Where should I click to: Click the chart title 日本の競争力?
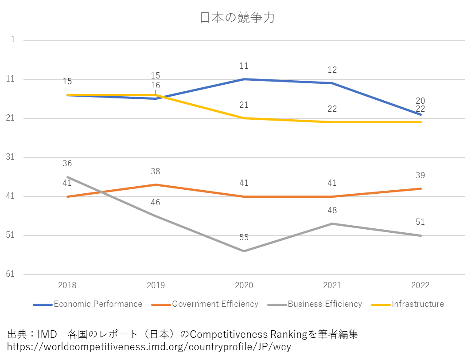(x=237, y=18)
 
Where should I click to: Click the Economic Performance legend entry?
(x=97, y=304)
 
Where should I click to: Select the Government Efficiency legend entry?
(x=214, y=304)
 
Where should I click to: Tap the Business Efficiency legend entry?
(x=324, y=304)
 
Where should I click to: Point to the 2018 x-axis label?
(x=67, y=285)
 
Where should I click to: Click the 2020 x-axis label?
(x=244, y=285)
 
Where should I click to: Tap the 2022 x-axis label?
(x=420, y=285)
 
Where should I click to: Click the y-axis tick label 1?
(x=13, y=40)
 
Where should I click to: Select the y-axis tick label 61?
(x=11, y=274)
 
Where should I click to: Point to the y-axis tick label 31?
(x=11, y=157)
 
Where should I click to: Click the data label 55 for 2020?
(x=244, y=238)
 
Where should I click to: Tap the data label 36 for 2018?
(x=67, y=164)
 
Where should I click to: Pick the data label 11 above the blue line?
(x=244, y=66)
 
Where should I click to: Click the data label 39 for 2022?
(x=420, y=176)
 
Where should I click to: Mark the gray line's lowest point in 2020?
(x=244, y=251)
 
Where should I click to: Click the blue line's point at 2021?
(x=332, y=83)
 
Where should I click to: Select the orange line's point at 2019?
(x=156, y=184)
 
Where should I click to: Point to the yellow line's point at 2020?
(x=244, y=118)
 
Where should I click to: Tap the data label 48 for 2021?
(x=332, y=211)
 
